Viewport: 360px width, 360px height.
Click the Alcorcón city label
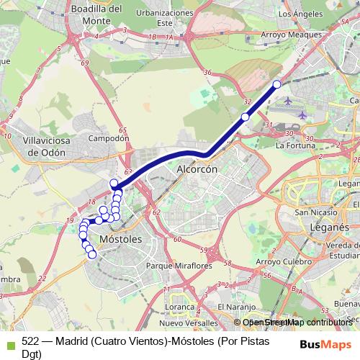[x=197, y=170]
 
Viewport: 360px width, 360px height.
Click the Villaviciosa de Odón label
[x=45, y=147]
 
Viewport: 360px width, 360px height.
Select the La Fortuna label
[x=295, y=145]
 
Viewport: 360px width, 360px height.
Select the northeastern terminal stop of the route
[x=276, y=84]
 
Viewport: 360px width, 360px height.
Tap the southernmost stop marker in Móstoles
[x=92, y=253]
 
